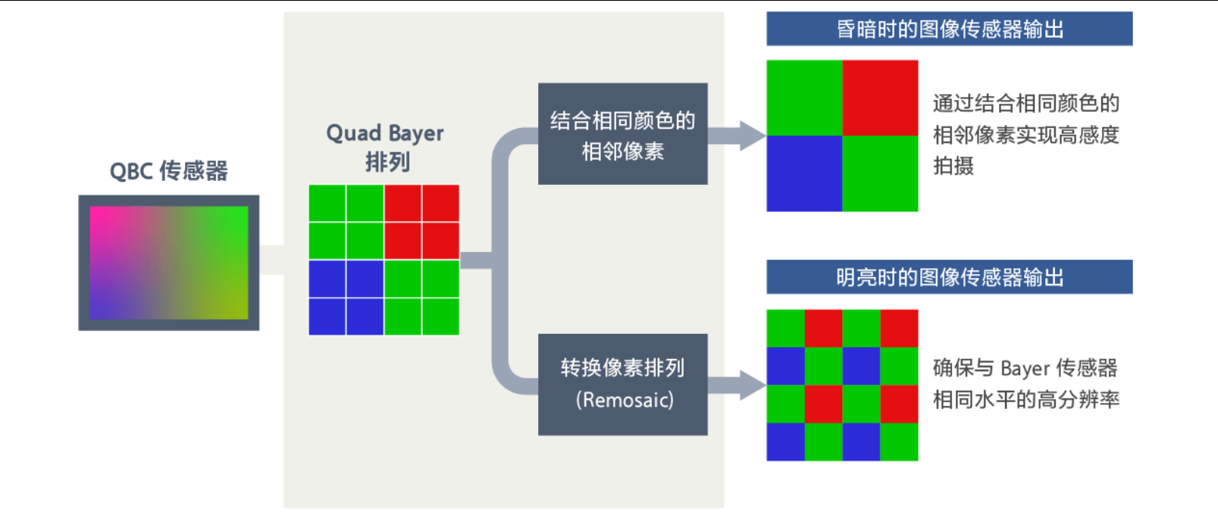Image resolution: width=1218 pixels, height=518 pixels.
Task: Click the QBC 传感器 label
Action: pos(168,171)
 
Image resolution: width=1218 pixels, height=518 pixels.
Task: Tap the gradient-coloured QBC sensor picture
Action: pos(168,263)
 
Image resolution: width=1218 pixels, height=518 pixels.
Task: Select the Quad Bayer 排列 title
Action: pos(385,147)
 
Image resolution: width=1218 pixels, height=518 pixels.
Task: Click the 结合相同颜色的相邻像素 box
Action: pos(622,134)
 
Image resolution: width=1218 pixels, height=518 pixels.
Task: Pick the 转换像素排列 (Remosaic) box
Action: pos(622,384)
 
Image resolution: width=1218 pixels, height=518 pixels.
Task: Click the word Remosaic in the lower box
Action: pos(625,400)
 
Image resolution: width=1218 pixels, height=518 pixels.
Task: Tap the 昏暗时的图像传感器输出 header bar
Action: pos(949,29)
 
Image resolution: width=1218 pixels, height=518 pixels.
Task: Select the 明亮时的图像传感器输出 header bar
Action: pos(949,277)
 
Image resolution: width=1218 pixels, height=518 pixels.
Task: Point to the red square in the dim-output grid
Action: pos(880,98)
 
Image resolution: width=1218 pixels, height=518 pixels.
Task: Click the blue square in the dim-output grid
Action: pos(804,173)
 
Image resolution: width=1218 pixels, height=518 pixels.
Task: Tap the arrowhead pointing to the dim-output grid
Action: pos(752,136)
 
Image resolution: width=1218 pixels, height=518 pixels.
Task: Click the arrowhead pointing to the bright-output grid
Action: pos(752,385)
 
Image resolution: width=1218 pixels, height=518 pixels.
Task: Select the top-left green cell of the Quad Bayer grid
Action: pos(327,203)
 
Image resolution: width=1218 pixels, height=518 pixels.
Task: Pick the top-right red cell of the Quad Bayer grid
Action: pos(440,203)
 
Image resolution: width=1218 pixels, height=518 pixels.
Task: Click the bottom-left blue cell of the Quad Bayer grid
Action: pos(327,317)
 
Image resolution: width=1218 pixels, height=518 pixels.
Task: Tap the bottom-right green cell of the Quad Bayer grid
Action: pos(440,317)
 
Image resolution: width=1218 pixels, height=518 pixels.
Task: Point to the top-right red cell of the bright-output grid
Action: pos(899,328)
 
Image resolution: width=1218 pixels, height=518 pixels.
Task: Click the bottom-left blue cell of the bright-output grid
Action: pos(785,442)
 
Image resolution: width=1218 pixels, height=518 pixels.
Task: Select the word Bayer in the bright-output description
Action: pos(1025,369)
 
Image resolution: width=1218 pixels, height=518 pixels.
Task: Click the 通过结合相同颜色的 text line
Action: pos(1025,103)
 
